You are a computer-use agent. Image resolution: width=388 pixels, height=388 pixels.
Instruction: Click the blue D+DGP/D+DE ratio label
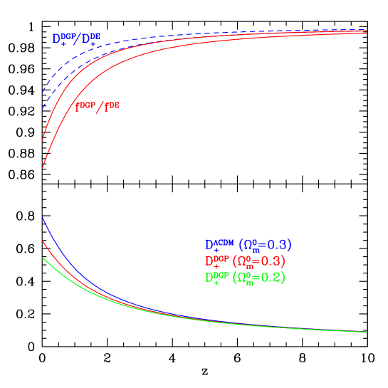coord(76,39)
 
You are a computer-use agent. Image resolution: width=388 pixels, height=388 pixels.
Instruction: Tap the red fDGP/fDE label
coord(98,107)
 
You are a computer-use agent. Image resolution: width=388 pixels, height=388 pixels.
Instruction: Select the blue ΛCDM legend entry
coord(248,245)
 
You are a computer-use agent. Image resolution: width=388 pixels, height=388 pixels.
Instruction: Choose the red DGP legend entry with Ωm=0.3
coord(245,261)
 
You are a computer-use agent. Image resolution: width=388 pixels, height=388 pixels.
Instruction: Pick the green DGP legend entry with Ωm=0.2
coord(245,278)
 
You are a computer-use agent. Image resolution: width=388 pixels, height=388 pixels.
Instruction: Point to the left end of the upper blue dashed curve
coord(43,93)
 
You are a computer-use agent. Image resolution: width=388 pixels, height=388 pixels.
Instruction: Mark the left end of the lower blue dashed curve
coord(43,109)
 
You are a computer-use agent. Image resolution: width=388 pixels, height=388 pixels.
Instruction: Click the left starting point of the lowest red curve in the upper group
coord(43,168)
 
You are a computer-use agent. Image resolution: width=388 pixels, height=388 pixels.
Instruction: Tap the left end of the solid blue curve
coord(43,218)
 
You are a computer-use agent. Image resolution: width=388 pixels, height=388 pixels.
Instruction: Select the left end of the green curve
coord(43,257)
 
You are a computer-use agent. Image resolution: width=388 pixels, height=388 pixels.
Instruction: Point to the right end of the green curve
coord(367,332)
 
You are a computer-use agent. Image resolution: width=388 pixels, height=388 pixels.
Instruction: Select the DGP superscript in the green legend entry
coord(222,275)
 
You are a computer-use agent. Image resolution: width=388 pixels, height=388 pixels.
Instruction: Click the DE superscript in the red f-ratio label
coord(113,105)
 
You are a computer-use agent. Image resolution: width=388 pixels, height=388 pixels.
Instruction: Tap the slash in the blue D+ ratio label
coord(78,40)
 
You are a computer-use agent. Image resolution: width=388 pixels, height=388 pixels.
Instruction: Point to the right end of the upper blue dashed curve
coord(367,29)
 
